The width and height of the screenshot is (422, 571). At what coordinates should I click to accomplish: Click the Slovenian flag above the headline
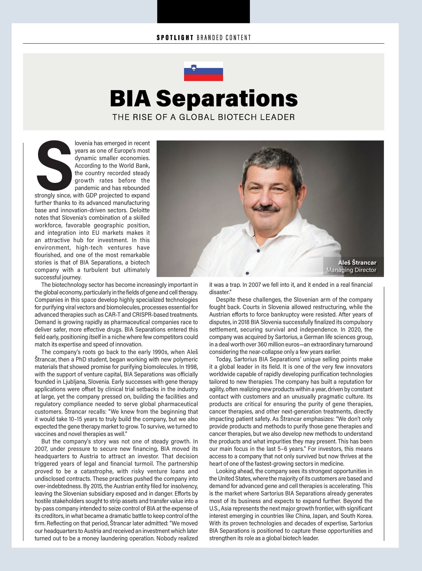coord(203,71)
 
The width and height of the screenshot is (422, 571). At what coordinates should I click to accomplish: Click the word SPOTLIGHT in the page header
coord(175,38)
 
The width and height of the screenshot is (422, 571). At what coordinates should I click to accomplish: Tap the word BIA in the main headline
coord(130,99)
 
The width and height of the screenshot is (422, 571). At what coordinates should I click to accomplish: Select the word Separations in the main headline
coord(227,99)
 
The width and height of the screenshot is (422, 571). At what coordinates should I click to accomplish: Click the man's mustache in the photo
coord(266,208)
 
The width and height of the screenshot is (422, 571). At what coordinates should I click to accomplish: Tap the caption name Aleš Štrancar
coord(357,262)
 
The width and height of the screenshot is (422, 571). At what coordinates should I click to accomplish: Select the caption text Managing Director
coord(351,270)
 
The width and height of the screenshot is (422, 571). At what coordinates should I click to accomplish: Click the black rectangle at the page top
coord(203,11)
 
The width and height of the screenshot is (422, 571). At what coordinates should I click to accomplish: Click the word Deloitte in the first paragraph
coord(140,210)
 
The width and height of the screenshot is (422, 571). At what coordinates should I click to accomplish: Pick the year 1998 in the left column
coord(191,367)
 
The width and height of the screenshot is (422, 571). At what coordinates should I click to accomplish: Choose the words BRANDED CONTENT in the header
coord(224,38)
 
